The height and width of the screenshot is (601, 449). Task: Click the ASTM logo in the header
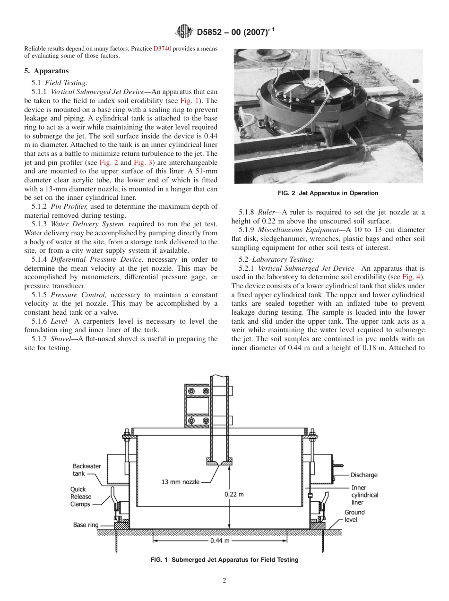click(184, 32)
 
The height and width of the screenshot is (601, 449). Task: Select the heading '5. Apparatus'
click(46, 71)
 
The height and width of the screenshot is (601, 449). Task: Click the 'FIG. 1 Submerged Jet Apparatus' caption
click(224, 559)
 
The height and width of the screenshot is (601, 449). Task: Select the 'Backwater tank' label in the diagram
click(86, 470)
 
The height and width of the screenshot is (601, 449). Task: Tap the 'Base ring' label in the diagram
click(86, 525)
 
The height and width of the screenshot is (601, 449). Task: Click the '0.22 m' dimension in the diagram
click(234, 494)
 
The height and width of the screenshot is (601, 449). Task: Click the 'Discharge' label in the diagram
click(364, 475)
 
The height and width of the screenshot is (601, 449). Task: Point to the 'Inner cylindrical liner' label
click(364, 495)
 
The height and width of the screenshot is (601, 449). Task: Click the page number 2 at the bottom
click(224, 581)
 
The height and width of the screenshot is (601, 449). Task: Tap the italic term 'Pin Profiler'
click(67, 206)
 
